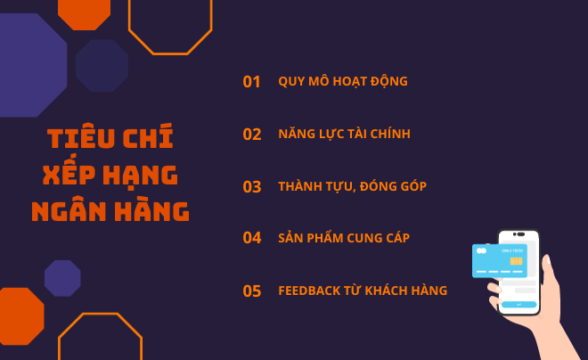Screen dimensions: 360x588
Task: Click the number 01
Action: click(251, 82)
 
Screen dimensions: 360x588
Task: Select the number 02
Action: click(252, 135)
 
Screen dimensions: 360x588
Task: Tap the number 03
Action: click(252, 187)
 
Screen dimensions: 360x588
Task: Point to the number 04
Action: click(252, 238)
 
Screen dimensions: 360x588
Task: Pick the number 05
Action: click(252, 290)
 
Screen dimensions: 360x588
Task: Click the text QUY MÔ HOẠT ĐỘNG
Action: click(343, 82)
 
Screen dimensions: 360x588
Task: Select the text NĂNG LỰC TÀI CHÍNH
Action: click(344, 135)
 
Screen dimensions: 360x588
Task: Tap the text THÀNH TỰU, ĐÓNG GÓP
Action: click(352, 186)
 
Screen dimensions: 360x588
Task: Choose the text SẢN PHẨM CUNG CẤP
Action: click(344, 238)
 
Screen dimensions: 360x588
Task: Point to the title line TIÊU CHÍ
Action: click(110, 138)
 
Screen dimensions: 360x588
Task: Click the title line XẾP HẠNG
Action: click(110, 175)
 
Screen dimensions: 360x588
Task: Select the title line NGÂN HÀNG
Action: click(110, 211)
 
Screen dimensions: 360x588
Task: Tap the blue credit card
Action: click(498, 260)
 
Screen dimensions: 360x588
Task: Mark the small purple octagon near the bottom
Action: click(62, 278)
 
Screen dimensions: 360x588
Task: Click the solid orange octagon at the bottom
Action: click(20, 316)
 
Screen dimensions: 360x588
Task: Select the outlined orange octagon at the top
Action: click(170, 22)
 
